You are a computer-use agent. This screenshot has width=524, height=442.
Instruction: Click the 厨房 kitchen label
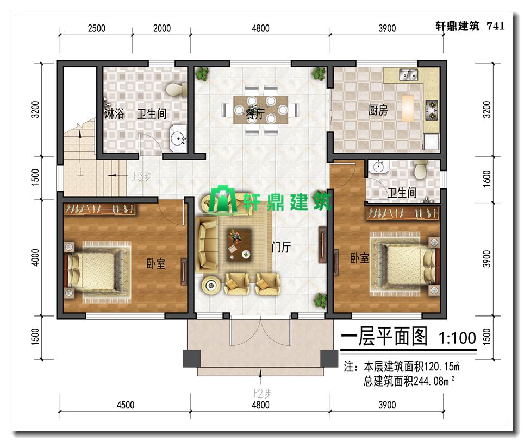coord(378,110)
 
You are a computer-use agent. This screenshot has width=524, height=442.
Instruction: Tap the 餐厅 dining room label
coord(255,114)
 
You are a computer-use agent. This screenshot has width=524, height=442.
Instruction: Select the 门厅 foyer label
coord(281,248)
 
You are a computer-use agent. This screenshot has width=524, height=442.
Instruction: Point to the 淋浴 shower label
coord(114,114)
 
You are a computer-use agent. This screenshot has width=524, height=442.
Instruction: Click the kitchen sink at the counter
coord(409,75)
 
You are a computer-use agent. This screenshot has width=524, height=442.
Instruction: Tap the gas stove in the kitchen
coord(432,110)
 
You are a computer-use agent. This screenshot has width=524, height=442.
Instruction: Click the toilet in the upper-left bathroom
coord(177,89)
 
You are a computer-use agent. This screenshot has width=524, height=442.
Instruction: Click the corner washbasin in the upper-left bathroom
coord(179,137)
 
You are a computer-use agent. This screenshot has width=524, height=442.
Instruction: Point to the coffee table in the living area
coord(239,245)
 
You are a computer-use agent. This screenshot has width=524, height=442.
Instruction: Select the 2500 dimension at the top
coord(97,28)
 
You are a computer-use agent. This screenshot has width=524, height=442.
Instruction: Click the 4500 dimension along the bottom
coord(126,405)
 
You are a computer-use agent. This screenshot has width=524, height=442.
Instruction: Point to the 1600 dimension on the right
coord(487,179)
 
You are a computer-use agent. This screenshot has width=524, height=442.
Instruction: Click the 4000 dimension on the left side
coord(35,257)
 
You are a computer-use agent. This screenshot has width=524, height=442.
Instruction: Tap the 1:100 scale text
coord(457,338)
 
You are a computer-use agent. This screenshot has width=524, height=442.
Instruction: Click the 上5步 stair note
coord(141,176)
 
